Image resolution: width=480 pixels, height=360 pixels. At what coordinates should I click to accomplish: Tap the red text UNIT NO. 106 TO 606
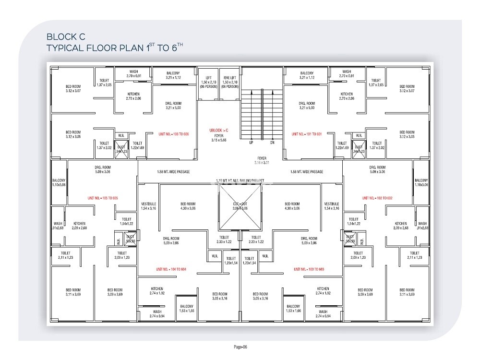[174, 134]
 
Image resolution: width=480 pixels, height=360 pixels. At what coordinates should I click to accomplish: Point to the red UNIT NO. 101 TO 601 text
[307, 134]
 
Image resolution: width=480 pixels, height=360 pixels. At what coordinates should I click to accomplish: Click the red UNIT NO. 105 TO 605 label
[103, 198]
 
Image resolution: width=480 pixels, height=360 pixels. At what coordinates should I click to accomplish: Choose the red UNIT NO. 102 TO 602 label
[377, 198]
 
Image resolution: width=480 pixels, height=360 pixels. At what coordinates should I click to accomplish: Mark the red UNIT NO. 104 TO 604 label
[171, 269]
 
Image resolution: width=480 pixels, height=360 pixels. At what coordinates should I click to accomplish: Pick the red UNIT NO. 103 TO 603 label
[309, 269]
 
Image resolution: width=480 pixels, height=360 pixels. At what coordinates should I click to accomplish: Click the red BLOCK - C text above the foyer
[219, 130]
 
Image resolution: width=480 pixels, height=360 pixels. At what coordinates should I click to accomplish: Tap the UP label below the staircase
[251, 143]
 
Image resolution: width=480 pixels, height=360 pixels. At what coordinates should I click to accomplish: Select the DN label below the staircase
[272, 143]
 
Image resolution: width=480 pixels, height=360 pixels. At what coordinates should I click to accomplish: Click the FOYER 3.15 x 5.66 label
[219, 138]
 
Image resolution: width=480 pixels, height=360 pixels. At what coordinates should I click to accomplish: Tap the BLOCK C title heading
[65, 36]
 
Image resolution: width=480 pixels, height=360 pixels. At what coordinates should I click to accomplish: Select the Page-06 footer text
[240, 347]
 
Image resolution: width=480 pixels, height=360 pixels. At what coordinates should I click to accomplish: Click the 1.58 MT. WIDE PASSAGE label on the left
[173, 172]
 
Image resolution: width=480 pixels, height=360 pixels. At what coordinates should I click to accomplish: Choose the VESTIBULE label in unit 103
[332, 206]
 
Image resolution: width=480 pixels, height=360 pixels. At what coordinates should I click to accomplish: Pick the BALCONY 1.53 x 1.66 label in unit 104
[187, 309]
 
